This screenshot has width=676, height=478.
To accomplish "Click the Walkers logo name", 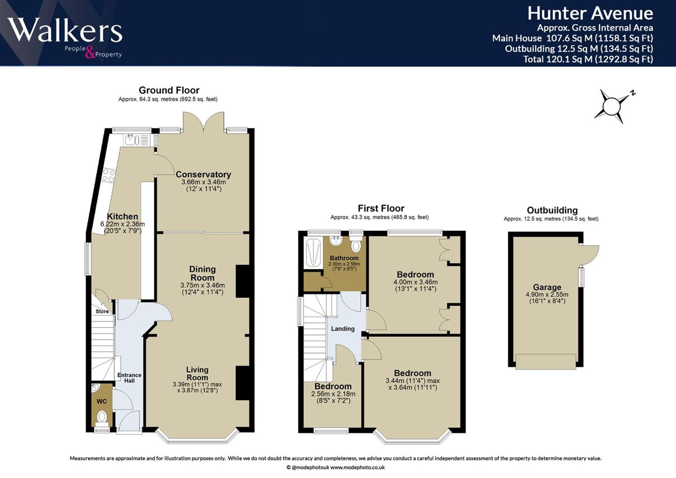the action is [65, 30].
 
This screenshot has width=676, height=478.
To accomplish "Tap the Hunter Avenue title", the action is [590, 14].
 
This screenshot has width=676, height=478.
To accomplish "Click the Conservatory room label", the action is [203, 174].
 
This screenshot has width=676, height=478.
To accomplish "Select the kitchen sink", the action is [137, 140].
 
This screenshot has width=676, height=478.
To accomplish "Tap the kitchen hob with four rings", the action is [109, 175].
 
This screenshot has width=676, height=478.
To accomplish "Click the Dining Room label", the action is [202, 273].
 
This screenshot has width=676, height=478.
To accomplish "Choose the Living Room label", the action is [197, 373].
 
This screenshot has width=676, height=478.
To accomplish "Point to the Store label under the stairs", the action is [102, 311].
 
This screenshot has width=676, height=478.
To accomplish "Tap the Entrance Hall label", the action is [129, 378].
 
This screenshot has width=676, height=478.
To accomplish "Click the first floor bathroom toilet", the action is [356, 244].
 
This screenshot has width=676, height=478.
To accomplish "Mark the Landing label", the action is [343, 329].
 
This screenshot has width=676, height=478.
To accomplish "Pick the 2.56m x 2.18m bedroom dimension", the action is [333, 394].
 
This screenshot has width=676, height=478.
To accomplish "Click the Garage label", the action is [547, 287].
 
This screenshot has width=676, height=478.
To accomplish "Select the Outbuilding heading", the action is [552, 210].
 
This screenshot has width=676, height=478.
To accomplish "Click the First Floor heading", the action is [381, 208].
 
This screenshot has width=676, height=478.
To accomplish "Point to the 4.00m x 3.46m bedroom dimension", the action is [415, 282].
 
